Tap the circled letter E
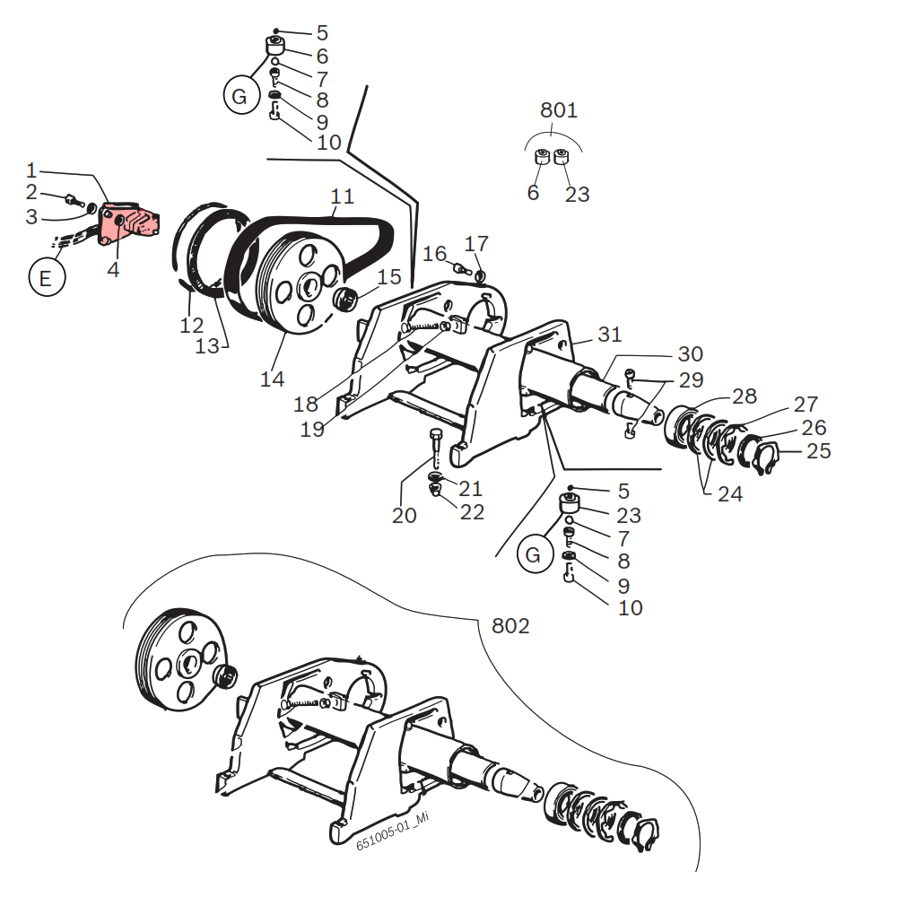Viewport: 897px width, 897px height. click(46, 278)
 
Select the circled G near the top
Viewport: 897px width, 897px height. click(239, 97)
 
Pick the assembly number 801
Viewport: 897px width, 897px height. click(558, 111)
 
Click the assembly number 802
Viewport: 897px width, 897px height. click(510, 625)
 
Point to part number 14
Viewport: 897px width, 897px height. click(272, 379)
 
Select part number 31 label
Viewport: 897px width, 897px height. click(610, 335)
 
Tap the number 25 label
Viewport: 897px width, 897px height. click(818, 450)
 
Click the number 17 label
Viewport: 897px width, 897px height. click(476, 244)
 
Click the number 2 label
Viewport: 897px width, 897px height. click(31, 192)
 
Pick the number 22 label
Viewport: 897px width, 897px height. click(472, 512)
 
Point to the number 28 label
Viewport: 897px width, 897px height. click(745, 396)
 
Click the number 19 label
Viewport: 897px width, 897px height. click(312, 430)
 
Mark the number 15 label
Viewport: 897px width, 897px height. click(389, 278)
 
